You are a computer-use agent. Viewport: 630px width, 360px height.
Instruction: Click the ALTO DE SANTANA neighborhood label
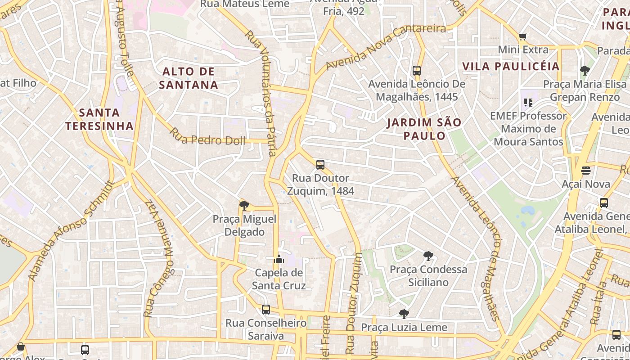pyautogui.click(x=189, y=78)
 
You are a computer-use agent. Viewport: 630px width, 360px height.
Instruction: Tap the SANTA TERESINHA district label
pyautogui.click(x=99, y=119)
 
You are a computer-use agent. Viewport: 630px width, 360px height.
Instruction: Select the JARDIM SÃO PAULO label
pyautogui.click(x=423, y=129)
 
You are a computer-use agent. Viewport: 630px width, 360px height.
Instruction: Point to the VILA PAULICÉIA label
pyautogui.click(x=511, y=67)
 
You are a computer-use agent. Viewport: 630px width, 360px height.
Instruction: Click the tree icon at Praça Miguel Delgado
pyautogui.click(x=244, y=206)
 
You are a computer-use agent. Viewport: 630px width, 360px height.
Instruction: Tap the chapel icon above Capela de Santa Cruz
pyautogui.click(x=279, y=260)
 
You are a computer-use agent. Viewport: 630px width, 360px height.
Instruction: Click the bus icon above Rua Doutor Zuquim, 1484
pyautogui.click(x=320, y=165)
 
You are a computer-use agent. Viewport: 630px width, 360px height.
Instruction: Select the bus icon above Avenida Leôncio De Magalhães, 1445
pyautogui.click(x=417, y=71)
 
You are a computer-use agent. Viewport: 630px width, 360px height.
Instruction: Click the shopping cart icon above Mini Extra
pyautogui.click(x=522, y=36)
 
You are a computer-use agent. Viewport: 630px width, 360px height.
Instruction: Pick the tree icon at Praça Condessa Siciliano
pyautogui.click(x=428, y=256)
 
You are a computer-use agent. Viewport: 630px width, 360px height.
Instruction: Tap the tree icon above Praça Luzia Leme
pyautogui.click(x=404, y=314)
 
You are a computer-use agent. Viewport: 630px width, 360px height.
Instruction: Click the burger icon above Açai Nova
pyautogui.click(x=585, y=171)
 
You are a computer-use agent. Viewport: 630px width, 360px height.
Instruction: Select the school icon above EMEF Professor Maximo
pyautogui.click(x=528, y=103)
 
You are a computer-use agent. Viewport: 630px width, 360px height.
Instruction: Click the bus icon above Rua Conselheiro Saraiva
pyautogui.click(x=266, y=310)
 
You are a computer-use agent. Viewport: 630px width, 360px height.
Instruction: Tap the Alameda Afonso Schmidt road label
pyautogui.click(x=72, y=231)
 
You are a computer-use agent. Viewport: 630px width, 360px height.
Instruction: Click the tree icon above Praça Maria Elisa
pyautogui.click(x=585, y=71)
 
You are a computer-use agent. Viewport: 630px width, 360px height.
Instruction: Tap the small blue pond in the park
pyautogui.click(x=527, y=210)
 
